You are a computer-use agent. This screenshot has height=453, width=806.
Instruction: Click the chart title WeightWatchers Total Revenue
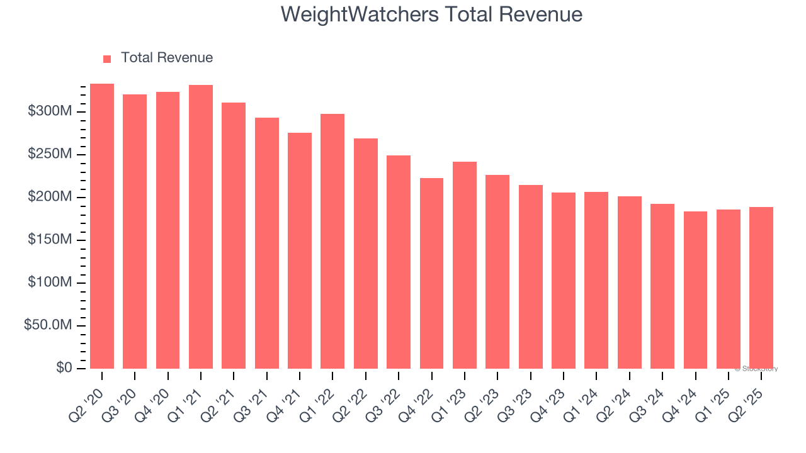(431, 14)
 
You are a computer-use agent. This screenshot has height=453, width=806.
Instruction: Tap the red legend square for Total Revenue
(107, 59)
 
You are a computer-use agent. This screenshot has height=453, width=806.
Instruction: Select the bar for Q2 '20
(102, 226)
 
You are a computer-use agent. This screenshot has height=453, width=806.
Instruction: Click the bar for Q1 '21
(201, 226)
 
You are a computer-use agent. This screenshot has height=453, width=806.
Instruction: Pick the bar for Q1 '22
(332, 241)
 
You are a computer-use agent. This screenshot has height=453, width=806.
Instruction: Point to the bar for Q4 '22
(431, 273)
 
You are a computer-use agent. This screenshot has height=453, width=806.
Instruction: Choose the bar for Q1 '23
(464, 265)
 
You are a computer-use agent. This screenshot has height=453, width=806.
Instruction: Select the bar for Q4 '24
(695, 290)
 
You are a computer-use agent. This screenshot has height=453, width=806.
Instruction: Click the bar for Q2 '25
(761, 288)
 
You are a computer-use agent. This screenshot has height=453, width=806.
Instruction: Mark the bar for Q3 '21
(266, 243)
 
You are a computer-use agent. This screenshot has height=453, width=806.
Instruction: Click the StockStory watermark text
(756, 369)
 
